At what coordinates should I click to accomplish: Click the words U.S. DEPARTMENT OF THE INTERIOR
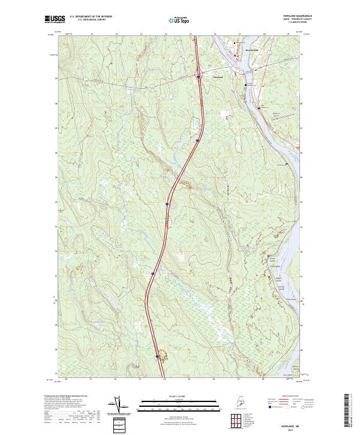tap(91, 17)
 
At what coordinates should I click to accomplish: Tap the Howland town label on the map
tap(218, 77)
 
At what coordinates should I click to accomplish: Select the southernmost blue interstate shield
tap(158, 356)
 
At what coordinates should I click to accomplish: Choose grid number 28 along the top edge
tap(263, 35)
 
